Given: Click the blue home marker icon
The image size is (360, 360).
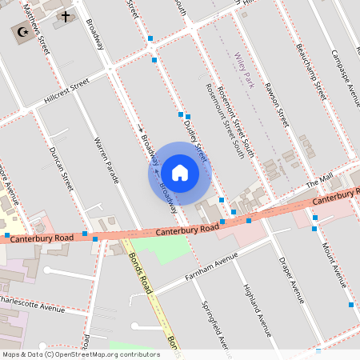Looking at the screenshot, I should pyautogui.click(x=180, y=172).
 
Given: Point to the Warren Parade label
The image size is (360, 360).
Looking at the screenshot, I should pyautogui.click(x=106, y=160).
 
